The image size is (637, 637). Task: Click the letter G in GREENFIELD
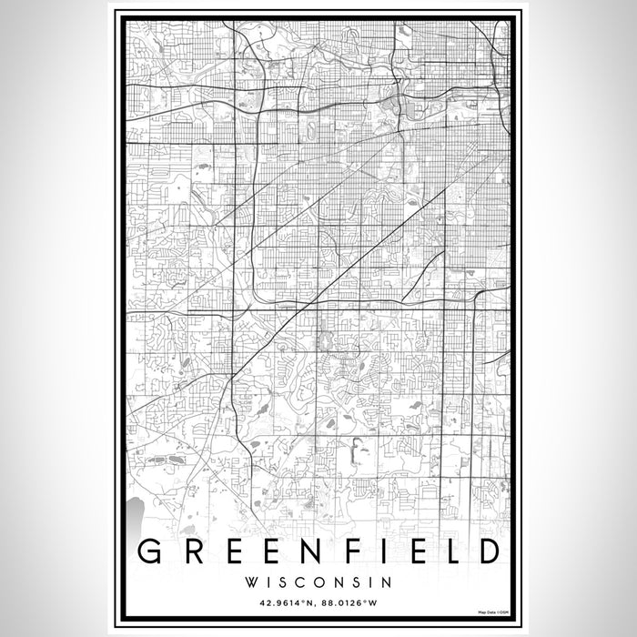(149, 552)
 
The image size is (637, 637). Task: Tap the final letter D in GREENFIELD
(488, 552)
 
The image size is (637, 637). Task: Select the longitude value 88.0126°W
(357, 602)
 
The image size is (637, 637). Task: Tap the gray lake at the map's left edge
(136, 514)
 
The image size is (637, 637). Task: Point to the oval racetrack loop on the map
(314, 133)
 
